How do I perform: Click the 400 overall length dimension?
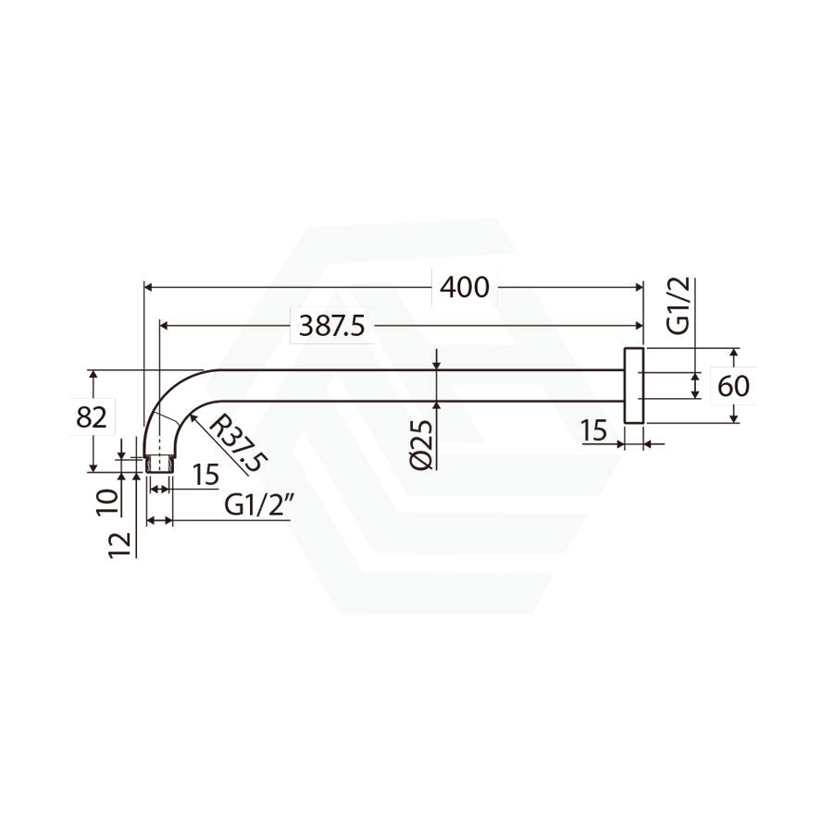tap(465, 288)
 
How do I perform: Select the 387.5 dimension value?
tap(332, 326)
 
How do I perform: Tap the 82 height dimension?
tap(92, 417)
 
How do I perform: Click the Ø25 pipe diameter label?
tap(422, 444)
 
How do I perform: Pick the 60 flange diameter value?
tap(733, 386)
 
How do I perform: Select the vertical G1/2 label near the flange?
tap(678, 305)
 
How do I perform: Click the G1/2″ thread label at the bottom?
tap(260, 504)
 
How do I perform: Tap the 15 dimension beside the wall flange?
tap(593, 430)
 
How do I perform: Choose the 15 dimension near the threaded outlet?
tap(206, 474)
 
